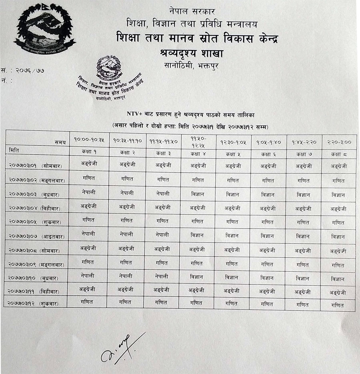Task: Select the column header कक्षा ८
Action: point(338,153)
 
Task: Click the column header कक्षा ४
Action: point(197,153)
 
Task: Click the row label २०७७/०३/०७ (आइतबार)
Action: point(35,236)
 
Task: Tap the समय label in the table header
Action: point(60,142)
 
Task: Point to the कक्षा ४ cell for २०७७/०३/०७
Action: point(197,235)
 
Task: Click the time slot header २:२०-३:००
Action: point(338,142)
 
